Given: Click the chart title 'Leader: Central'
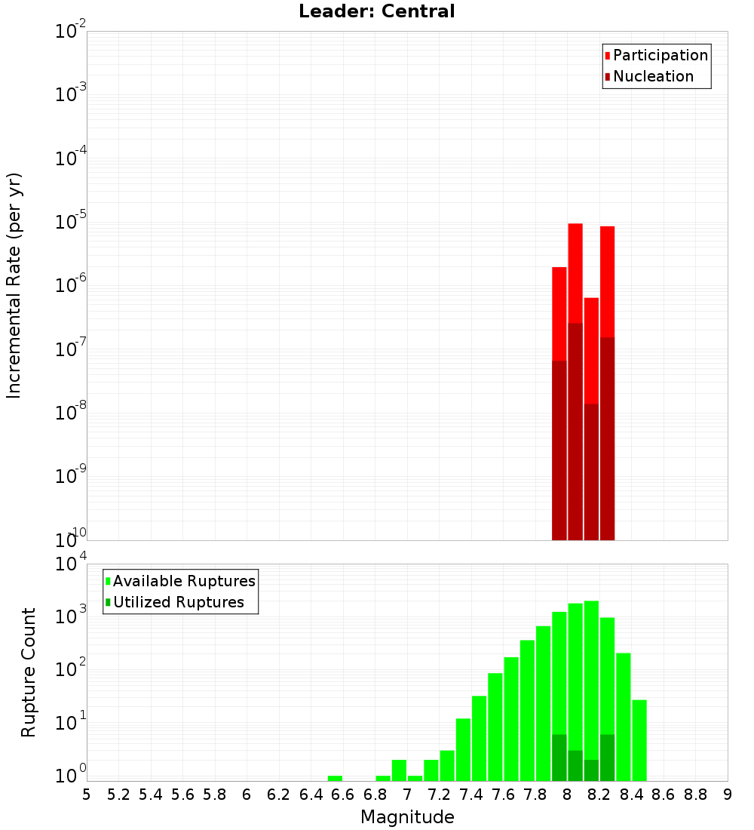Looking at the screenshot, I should click(x=376, y=12).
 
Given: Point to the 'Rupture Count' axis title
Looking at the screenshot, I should click(x=29, y=672).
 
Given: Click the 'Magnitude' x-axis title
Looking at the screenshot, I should click(x=407, y=817).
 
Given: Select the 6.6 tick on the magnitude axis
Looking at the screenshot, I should click(x=343, y=795).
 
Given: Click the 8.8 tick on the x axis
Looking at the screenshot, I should click(x=696, y=795).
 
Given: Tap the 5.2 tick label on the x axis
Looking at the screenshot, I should click(x=119, y=795).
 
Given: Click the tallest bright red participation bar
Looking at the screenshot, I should click(x=575, y=272).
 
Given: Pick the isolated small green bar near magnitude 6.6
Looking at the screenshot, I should click(x=335, y=778).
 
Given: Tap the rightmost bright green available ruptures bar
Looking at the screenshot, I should click(x=639, y=739).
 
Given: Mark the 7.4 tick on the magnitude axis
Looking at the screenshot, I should click(x=471, y=795).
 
